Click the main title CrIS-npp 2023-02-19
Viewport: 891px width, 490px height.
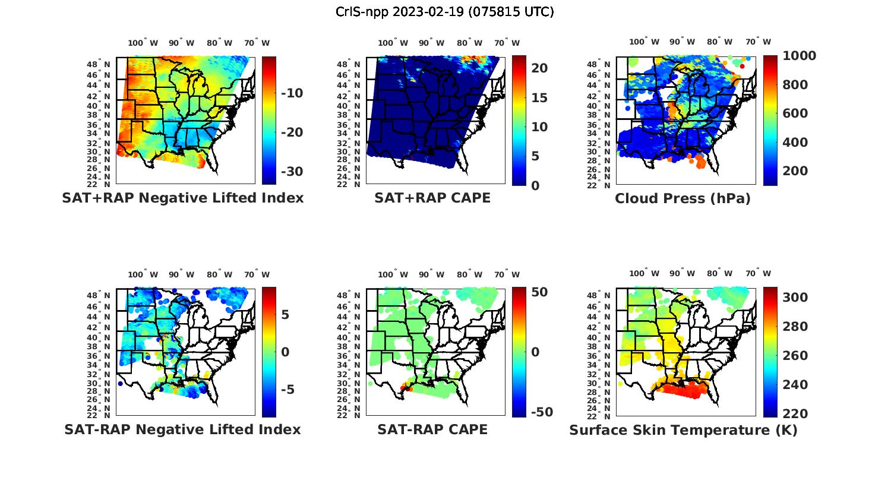pos(444,12)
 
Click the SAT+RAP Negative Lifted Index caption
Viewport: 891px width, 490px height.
pos(183,198)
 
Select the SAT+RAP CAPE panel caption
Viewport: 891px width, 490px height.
pos(432,198)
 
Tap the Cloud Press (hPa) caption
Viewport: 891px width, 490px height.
pos(683,198)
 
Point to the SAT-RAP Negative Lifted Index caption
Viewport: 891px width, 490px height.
pos(182,429)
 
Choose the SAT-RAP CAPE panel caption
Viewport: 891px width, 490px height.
pos(432,429)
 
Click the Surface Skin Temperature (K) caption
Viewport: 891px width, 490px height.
pos(683,430)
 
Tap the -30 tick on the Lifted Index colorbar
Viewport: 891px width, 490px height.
pos(291,172)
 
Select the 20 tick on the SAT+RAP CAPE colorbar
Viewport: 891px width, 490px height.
pos(539,68)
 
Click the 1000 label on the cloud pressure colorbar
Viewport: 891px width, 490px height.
pos(799,56)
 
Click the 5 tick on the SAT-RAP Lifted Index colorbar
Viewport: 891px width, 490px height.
pos(285,314)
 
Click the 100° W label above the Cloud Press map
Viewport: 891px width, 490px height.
pos(644,42)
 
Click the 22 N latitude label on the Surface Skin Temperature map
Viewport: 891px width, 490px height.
pos(601,415)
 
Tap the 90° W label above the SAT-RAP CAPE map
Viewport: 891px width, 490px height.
pos(432,274)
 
